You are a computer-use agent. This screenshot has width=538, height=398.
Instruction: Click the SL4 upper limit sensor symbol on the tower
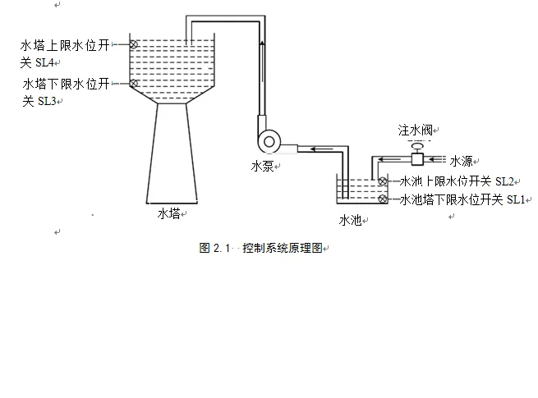coord(134,43)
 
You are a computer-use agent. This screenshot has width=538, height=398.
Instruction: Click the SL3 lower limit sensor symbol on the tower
coord(134,83)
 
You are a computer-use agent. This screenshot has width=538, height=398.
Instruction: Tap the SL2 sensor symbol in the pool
coord(382,181)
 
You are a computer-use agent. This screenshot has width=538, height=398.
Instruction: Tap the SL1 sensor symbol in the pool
coord(382,199)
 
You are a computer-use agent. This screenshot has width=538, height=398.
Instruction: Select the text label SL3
coord(47,101)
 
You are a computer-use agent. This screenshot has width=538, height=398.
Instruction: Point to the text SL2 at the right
coord(506,181)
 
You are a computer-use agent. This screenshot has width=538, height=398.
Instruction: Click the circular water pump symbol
coord(268,141)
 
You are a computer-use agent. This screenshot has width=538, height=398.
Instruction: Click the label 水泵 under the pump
coord(263,166)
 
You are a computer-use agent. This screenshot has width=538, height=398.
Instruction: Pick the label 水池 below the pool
coord(350,220)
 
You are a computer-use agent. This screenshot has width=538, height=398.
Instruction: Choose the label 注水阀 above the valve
coord(416,130)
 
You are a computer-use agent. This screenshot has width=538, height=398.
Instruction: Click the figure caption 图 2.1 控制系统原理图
coord(262,248)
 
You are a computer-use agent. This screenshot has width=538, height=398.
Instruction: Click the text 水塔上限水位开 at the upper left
coord(65,44)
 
